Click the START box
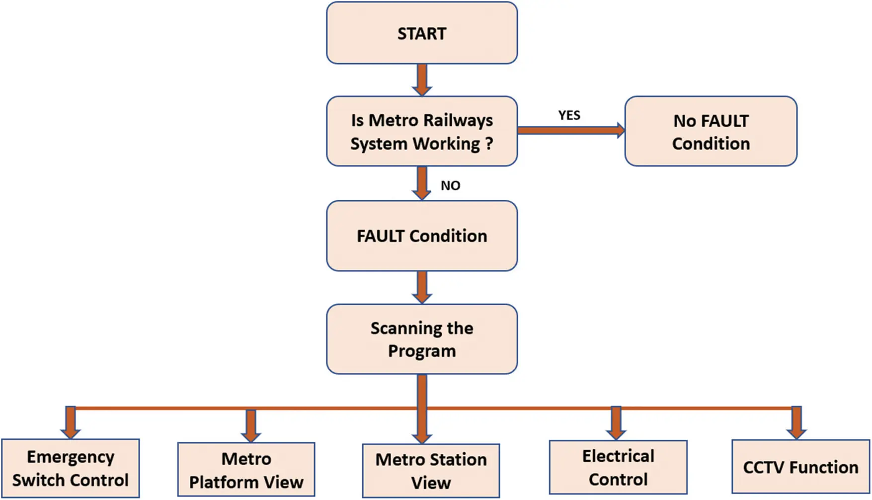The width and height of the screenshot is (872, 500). point(421,33)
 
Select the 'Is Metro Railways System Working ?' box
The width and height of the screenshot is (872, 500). point(421,131)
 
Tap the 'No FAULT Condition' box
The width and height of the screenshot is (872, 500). point(711,131)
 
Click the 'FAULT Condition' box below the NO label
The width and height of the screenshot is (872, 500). point(421,236)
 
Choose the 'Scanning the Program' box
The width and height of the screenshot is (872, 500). point(421,339)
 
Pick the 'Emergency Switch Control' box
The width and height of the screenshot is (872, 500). point(70,468)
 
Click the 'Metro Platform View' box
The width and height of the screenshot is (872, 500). point(246,470)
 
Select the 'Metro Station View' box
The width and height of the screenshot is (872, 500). point(431,471)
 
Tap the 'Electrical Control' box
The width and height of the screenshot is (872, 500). point(618,467)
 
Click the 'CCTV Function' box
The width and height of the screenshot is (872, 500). point(800,467)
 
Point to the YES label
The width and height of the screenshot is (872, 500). point(569,115)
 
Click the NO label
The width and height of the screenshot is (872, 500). point(450,185)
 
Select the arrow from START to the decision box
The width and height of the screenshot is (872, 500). point(422,80)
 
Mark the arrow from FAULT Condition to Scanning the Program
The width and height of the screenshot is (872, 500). point(422,287)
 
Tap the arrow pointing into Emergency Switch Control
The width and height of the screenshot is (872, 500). point(71,422)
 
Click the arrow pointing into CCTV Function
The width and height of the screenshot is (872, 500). point(796,422)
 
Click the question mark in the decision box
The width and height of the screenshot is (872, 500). point(489,144)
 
